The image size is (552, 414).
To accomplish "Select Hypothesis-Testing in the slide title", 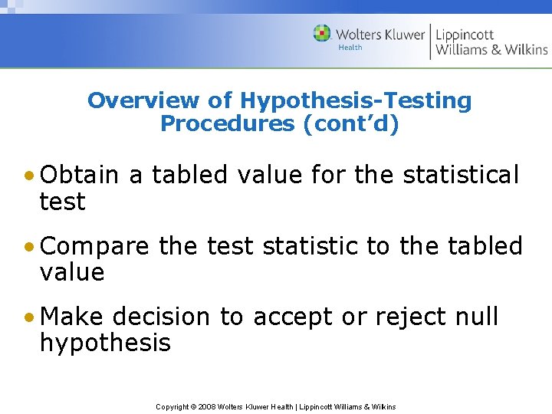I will click(x=356, y=100).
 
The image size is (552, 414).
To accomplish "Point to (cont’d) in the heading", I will click(x=352, y=123).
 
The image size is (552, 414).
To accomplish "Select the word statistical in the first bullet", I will click(x=462, y=176).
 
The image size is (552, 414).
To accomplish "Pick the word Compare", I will click(x=95, y=246).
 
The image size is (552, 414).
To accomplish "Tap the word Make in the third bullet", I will click(x=74, y=317).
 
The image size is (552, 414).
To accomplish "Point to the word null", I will click(x=476, y=317).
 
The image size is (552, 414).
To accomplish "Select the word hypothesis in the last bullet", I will click(x=105, y=343).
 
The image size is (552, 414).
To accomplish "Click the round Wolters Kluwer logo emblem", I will click(x=322, y=33).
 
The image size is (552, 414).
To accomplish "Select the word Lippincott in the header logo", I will click(x=465, y=34).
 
